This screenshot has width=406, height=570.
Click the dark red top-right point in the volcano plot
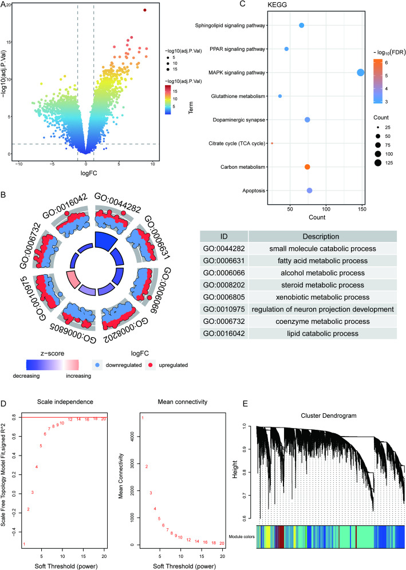pos(145,10)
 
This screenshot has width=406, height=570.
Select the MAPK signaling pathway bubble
pos(361,72)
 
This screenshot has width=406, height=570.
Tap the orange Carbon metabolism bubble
pos(308,167)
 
